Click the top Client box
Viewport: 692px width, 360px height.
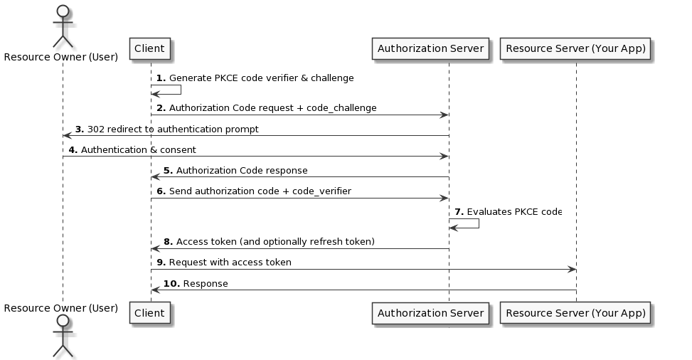pyautogui.click(x=149, y=49)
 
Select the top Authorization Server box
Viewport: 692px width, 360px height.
pyautogui.click(x=430, y=49)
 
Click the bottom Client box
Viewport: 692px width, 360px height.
pyautogui.click(x=149, y=312)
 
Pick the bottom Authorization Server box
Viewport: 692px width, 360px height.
pyautogui.click(x=430, y=312)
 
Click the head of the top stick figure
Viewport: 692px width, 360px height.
pyautogui.click(x=63, y=12)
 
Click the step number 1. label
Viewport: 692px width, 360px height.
pyautogui.click(x=161, y=78)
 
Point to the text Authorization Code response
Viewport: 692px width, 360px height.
pyautogui.click(x=242, y=171)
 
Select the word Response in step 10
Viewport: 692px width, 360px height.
pyautogui.click(x=206, y=284)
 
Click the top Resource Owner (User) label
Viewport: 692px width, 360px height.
pyautogui.click(x=61, y=57)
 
